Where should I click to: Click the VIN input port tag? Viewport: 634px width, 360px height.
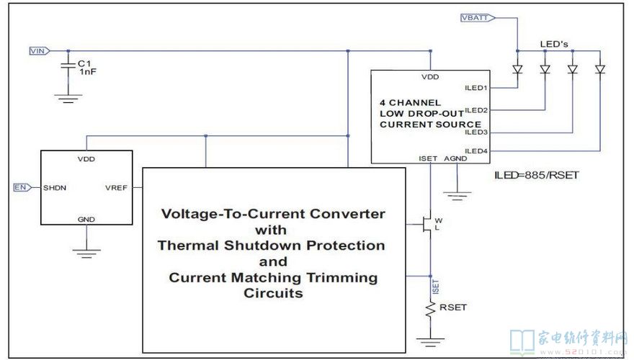(38, 50)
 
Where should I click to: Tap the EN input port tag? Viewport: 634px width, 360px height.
(21, 187)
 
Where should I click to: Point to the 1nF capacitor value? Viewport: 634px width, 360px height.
(87, 72)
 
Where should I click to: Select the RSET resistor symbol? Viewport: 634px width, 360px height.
(431, 310)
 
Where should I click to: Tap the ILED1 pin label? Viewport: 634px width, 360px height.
(477, 88)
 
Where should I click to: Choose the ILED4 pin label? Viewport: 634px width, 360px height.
(477, 150)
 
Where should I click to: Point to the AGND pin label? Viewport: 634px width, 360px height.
(455, 158)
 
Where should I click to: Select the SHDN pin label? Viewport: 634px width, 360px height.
(55, 187)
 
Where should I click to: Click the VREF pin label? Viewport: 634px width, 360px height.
(116, 187)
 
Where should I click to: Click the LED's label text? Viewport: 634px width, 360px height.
(555, 45)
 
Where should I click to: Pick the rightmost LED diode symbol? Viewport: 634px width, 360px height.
(600, 69)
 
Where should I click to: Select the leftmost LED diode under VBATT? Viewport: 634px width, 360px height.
(517, 69)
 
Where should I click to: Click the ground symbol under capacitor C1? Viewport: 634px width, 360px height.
(68, 97)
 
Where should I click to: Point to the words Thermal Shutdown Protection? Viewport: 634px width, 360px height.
(271, 246)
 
